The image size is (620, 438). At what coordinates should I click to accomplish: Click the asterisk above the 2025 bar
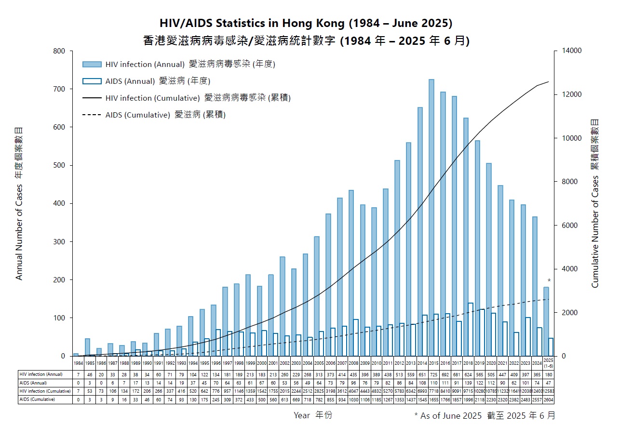click(549, 280)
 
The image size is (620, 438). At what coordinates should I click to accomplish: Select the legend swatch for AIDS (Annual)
click(92, 81)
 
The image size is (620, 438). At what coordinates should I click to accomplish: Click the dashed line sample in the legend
click(92, 115)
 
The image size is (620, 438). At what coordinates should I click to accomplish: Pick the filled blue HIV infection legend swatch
click(92, 64)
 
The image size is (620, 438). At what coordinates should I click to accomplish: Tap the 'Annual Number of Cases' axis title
click(19, 203)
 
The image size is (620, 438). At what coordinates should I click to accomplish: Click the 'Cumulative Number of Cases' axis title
click(595, 203)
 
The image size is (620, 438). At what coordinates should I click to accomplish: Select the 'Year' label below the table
click(302, 415)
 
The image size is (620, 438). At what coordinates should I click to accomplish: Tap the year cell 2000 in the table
click(262, 362)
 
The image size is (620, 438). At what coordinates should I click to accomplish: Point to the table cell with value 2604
click(549, 399)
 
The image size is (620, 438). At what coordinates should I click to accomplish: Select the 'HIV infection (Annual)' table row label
click(41, 374)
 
